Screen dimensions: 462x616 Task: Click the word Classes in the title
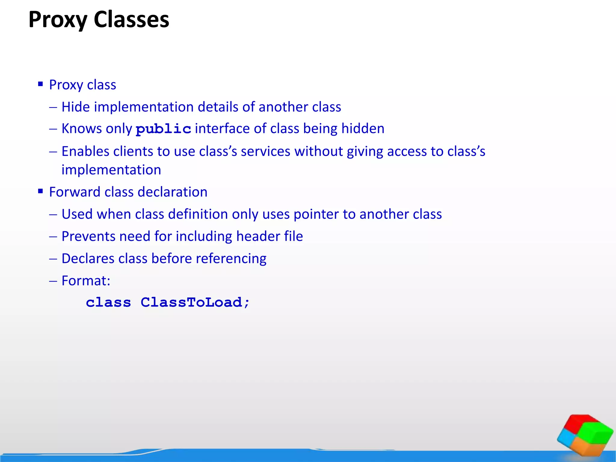pos(131,20)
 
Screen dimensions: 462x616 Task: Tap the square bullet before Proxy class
pos(41,84)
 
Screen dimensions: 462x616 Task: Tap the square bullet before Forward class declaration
pos(41,191)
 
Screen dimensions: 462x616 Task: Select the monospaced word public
pos(163,129)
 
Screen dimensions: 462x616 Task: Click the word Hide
pos(75,107)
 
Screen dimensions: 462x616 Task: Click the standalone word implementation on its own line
pos(111,170)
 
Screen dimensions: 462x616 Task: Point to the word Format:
pos(86,281)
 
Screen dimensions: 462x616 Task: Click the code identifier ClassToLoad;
pos(195,302)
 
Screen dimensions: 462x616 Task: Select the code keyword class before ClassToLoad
pos(108,302)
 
